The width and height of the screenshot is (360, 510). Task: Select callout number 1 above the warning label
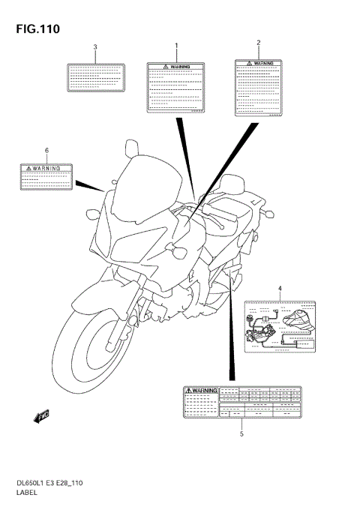point(177,46)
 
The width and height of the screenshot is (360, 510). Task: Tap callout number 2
point(259,43)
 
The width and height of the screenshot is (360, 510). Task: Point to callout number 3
point(95,48)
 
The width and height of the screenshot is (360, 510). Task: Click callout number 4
point(280,289)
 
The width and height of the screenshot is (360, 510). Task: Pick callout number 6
point(46,151)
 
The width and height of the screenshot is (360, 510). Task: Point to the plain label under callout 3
point(95,76)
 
